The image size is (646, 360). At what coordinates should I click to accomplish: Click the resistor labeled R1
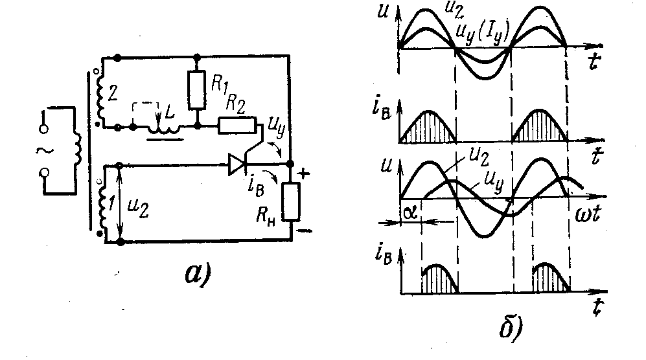point(196,89)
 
